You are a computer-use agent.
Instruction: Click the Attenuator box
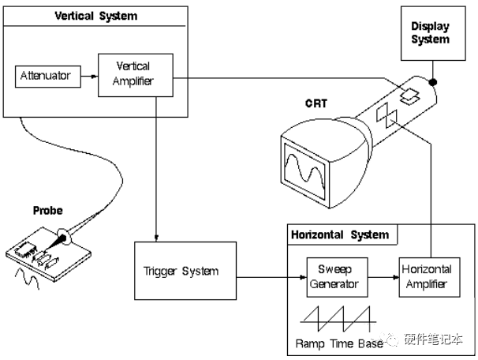pos(45,77)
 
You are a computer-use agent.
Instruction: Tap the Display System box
pos(431,34)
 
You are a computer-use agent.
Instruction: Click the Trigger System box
pos(180,272)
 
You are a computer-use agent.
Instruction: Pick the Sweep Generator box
pos(332,277)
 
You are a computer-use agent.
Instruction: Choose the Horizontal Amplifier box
pos(425,277)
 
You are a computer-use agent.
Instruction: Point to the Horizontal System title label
pos(340,234)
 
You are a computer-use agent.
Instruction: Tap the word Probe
pos(47,211)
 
